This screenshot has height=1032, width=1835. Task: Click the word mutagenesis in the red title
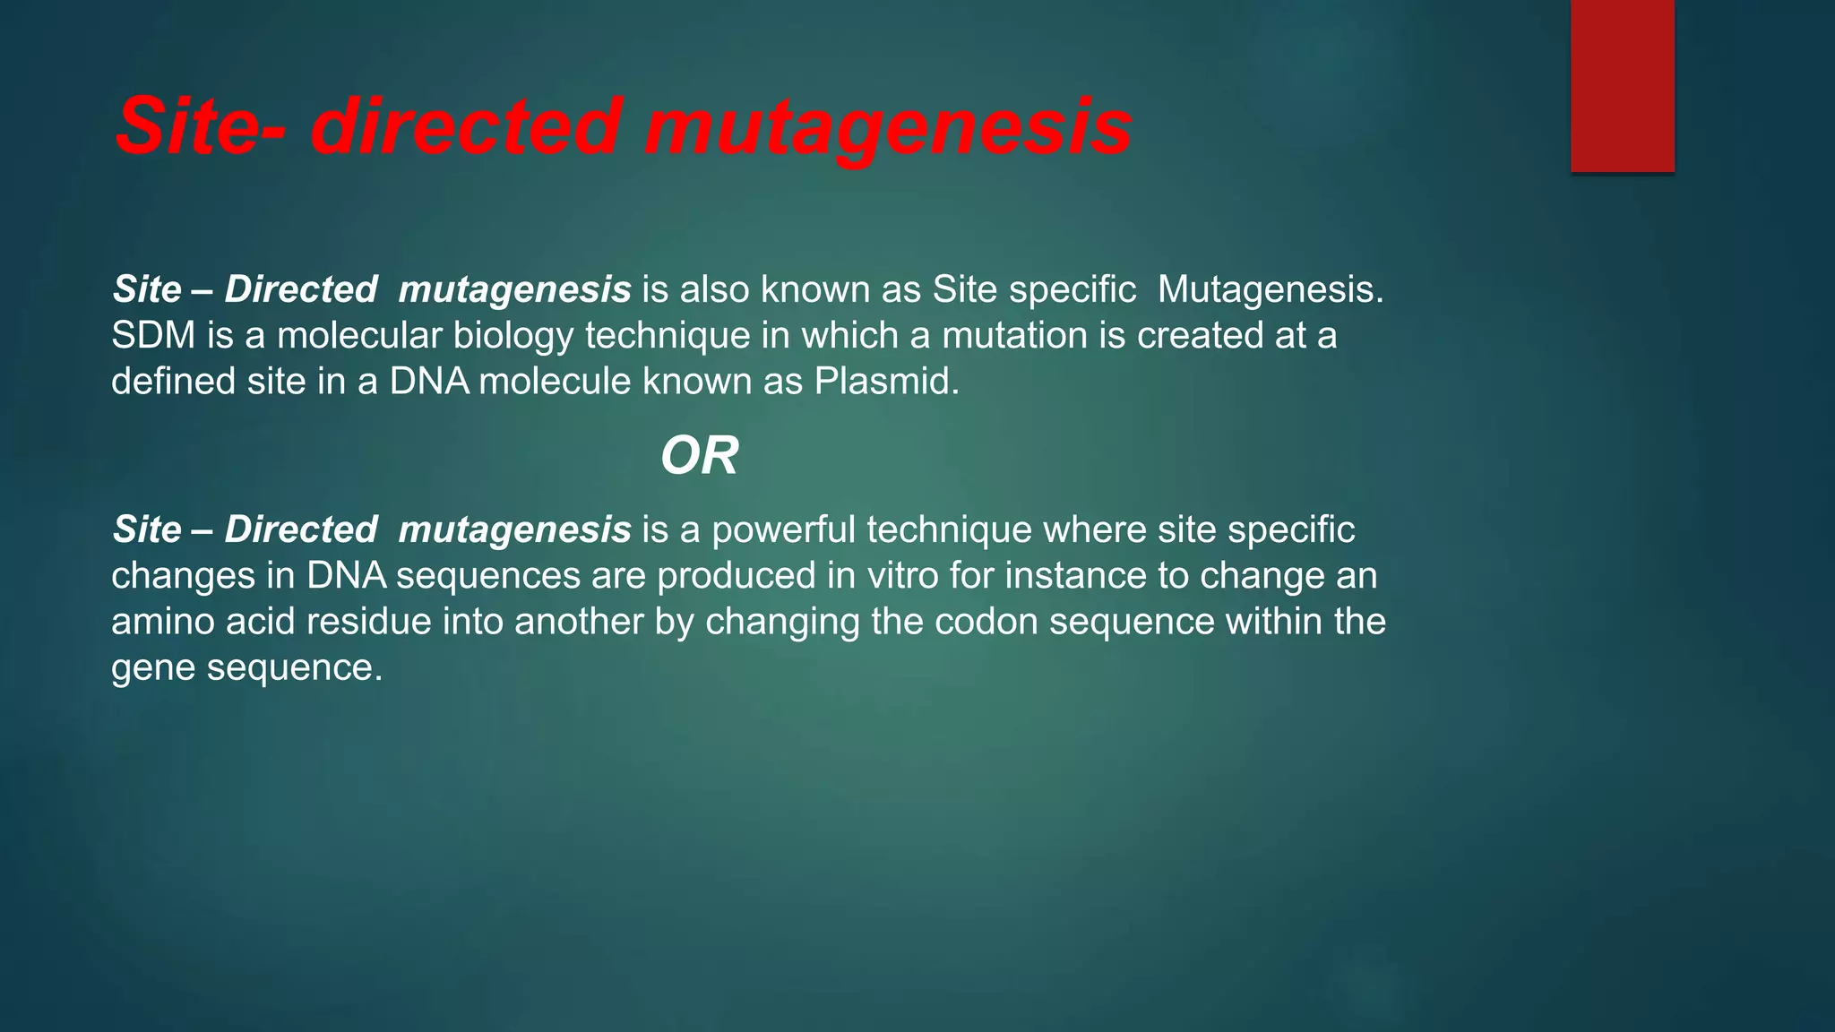tap(887, 127)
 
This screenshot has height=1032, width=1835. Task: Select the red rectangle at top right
tap(1622, 85)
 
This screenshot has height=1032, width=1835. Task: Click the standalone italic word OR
tap(699, 456)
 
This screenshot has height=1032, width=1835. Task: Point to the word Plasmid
tap(886, 382)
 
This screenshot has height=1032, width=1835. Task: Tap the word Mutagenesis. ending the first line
tap(1271, 290)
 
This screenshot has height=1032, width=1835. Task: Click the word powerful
tap(784, 530)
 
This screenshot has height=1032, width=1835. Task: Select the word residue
tap(369, 622)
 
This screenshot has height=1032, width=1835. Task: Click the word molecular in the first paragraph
tap(359, 336)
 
